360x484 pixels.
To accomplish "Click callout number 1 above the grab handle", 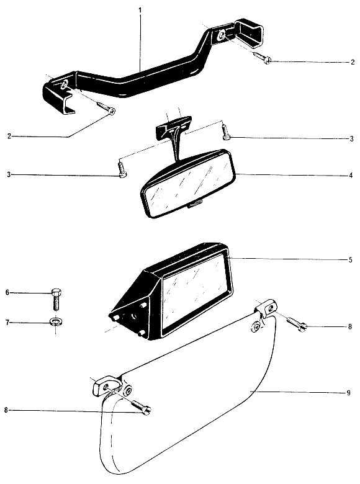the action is pyautogui.click(x=140, y=10).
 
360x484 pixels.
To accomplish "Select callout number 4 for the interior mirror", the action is pyautogui.click(x=351, y=176).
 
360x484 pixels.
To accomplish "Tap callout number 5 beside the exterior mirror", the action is pyautogui.click(x=351, y=260).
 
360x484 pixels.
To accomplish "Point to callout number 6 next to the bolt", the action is pyautogui.click(x=7, y=292).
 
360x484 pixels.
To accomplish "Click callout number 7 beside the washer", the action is pyautogui.click(x=7, y=323).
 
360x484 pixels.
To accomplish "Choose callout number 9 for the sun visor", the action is pyautogui.click(x=349, y=393).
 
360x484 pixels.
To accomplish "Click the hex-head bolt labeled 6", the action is pyautogui.click(x=55, y=299).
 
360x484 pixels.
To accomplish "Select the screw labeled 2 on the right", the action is pyautogui.click(x=262, y=58).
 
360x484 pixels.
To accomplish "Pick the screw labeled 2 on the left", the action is pyautogui.click(x=106, y=108).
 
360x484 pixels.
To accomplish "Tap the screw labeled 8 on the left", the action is pyautogui.click(x=141, y=407).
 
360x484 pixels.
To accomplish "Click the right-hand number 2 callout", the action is pyautogui.click(x=353, y=62).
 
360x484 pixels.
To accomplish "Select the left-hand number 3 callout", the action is pyautogui.click(x=9, y=175).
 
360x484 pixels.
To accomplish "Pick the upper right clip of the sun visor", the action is pyautogui.click(x=266, y=308).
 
